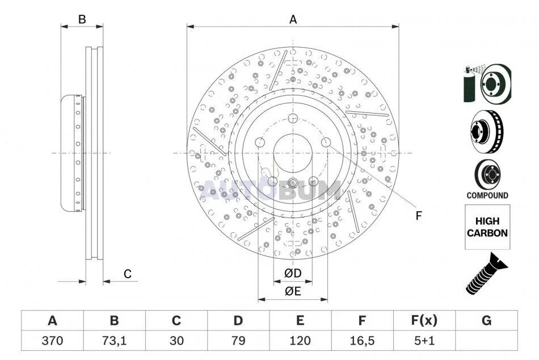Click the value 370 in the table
52,341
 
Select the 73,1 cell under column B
114,341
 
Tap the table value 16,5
362,341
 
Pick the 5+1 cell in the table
424,341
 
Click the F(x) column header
424,320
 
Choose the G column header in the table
486,320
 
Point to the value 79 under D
238,341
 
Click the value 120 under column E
300,341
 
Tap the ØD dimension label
293,273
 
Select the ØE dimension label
293,291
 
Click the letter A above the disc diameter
293,19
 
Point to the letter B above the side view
82,19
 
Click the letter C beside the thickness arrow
128,274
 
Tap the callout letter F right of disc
418,216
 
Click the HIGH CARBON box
487,227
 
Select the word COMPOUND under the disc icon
487,195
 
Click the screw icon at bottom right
486,273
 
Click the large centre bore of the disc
293,153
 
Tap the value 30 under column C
176,341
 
